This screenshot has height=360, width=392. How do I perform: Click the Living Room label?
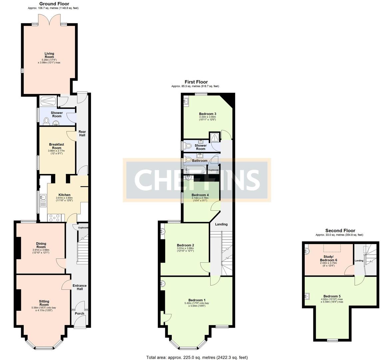point(49,55)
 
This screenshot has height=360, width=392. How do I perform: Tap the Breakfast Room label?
point(57,146)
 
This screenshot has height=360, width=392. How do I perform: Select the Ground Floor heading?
point(54,4)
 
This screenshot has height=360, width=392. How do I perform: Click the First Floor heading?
point(196,82)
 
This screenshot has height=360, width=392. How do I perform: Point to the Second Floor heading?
point(340,230)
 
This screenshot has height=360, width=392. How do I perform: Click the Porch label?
point(80,314)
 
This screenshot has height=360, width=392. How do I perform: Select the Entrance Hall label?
point(80,287)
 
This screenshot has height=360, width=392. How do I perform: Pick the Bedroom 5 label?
point(332,296)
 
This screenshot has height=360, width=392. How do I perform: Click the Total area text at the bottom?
point(197,357)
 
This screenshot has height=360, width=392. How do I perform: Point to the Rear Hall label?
point(82,133)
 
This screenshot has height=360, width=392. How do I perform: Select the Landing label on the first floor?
point(221,224)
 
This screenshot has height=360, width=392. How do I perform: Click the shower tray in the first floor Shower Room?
point(215,136)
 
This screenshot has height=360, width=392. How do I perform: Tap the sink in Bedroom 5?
point(307,296)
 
